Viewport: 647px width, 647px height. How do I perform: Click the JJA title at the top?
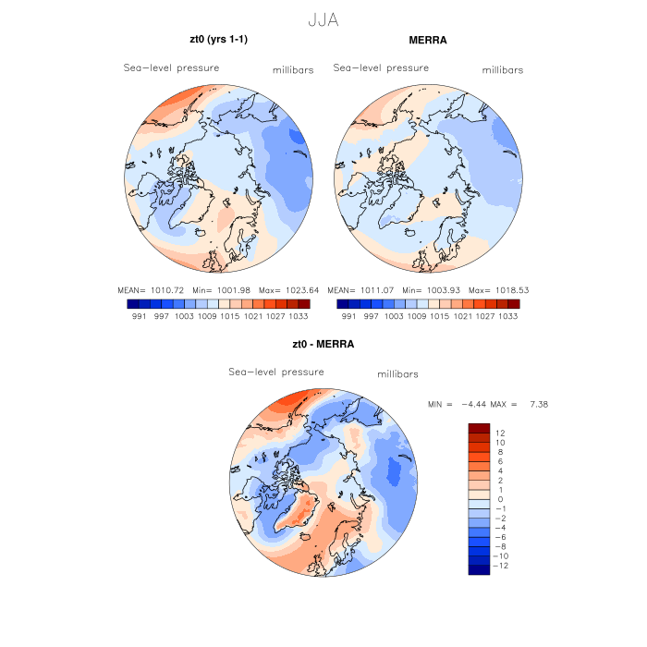[x=323, y=18]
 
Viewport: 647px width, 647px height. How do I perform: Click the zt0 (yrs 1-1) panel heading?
[x=218, y=39]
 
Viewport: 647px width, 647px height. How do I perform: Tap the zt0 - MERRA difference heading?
[x=323, y=344]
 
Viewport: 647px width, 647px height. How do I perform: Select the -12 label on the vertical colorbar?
[x=502, y=566]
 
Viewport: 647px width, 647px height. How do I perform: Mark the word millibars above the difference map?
[x=398, y=374]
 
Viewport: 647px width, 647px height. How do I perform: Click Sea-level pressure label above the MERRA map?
[x=381, y=67]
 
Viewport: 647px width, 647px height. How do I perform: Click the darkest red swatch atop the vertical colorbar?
[x=478, y=428]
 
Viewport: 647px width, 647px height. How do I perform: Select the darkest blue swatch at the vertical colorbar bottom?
[x=478, y=569]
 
